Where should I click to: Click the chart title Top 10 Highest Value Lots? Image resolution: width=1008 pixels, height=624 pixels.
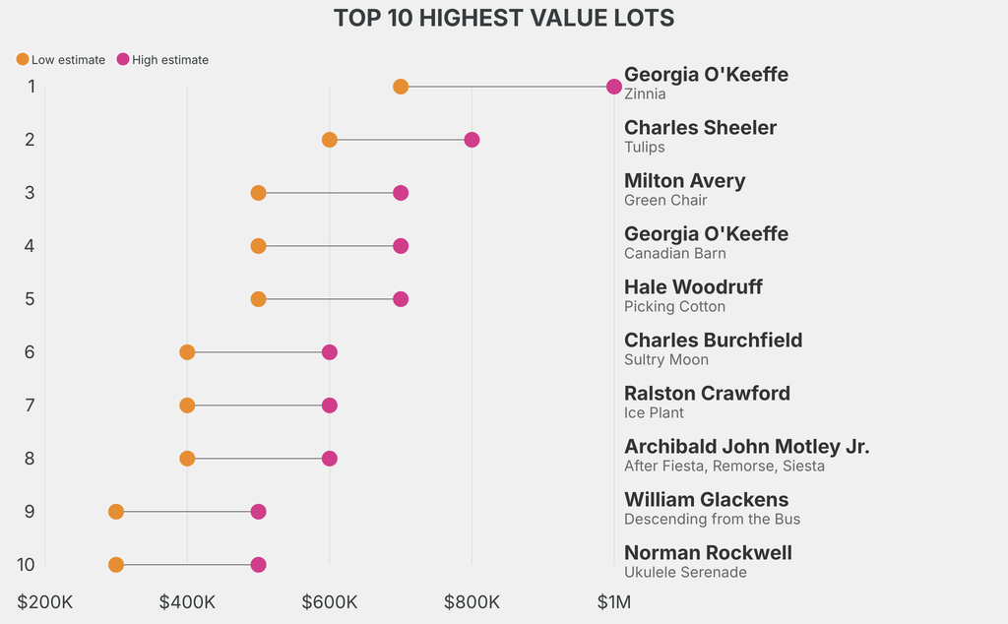504,18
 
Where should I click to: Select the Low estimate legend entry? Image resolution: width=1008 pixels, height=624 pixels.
61,60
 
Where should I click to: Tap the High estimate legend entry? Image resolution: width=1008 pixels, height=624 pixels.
162,60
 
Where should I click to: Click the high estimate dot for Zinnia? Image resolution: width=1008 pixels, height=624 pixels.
614,87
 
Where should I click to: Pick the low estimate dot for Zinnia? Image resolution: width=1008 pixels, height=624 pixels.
401,87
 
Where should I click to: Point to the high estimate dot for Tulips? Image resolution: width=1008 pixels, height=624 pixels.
472,140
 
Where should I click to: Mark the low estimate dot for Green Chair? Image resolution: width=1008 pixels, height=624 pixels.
258,193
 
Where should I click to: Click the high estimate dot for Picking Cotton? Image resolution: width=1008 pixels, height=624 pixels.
401,299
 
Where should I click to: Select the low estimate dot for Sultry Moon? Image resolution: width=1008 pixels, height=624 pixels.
187,352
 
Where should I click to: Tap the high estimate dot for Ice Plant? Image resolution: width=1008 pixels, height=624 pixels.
330,406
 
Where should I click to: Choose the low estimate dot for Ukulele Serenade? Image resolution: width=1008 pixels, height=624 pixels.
116,565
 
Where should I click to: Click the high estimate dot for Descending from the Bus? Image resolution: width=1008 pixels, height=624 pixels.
258,512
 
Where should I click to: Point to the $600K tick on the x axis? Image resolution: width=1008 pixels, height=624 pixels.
330,601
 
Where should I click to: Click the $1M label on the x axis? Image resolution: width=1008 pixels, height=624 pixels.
614,601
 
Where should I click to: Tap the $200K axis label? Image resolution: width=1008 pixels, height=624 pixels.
45,601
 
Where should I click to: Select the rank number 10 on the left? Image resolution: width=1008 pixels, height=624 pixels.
26,565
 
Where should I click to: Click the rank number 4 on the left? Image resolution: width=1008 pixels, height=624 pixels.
31,246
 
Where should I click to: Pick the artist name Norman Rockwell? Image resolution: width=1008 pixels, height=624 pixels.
708,553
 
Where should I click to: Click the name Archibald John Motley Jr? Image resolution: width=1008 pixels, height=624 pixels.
746,447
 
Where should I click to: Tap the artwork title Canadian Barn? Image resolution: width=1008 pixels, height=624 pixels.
675,254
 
